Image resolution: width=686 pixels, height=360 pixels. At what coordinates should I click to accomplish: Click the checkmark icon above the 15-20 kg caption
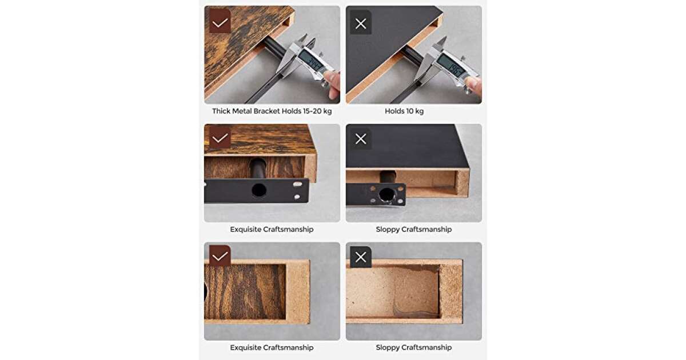pyautogui.click(x=220, y=22)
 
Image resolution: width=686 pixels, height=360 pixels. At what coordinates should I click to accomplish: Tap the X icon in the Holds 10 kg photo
pyautogui.click(x=361, y=23)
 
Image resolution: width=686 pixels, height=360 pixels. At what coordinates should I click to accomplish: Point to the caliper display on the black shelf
pyautogui.click(x=451, y=66)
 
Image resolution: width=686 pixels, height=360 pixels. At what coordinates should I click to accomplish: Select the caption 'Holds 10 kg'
pyautogui.click(x=404, y=111)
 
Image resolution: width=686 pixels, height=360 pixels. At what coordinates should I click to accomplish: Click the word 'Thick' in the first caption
pyautogui.click(x=221, y=111)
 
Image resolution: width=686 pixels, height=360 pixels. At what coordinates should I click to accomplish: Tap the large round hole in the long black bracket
pyautogui.click(x=259, y=190)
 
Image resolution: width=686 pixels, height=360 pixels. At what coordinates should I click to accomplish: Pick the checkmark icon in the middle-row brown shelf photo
pyautogui.click(x=220, y=138)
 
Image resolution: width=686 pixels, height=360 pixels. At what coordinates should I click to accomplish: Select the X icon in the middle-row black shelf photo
pyautogui.click(x=361, y=139)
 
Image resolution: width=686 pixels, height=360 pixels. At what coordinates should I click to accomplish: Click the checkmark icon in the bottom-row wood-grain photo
pyautogui.click(x=220, y=256)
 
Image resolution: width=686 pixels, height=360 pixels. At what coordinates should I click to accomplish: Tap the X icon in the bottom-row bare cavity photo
pyautogui.click(x=361, y=257)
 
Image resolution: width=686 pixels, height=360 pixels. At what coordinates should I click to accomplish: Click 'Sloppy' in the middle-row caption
pyautogui.click(x=388, y=229)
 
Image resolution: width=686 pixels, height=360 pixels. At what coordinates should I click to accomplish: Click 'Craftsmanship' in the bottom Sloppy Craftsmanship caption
pyautogui.click(x=426, y=347)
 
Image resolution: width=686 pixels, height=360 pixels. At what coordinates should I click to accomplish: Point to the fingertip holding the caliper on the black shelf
pyautogui.click(x=473, y=84)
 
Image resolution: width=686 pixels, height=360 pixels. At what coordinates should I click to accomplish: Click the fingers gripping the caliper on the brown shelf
pyautogui.click(x=332, y=83)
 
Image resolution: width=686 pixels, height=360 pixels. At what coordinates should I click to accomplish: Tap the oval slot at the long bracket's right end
pyautogui.click(x=297, y=184)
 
